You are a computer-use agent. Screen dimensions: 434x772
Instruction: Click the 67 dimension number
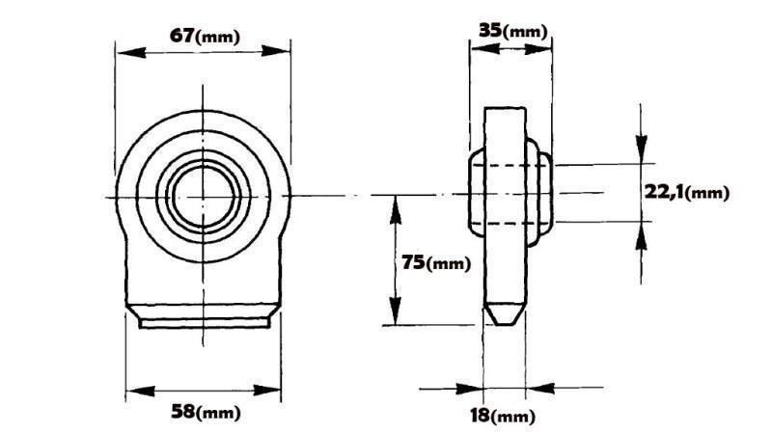(180, 36)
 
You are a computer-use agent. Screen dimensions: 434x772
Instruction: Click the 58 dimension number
(181, 412)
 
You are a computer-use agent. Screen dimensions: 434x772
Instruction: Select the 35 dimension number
(491, 30)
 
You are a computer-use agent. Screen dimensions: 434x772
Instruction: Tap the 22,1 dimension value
(665, 192)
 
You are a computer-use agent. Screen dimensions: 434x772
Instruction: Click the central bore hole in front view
(203, 197)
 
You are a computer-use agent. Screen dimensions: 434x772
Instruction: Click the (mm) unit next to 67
(217, 38)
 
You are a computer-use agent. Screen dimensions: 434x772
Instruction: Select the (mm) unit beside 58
(218, 414)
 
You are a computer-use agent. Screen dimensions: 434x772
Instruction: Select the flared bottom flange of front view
(204, 318)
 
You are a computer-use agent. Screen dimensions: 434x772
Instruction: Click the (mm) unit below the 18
(513, 418)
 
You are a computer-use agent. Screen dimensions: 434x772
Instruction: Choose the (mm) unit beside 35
(527, 32)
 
